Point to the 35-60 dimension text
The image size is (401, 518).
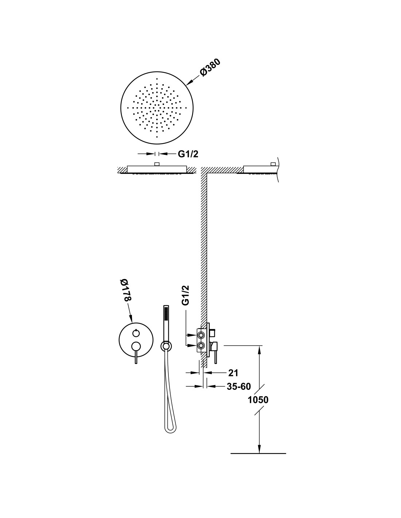coord(239,386)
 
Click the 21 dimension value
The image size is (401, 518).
coord(233,373)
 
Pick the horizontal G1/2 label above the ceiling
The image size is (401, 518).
coord(188,154)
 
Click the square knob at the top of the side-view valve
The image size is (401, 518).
coord(213,332)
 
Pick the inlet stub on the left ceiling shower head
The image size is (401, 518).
coord(157,164)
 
